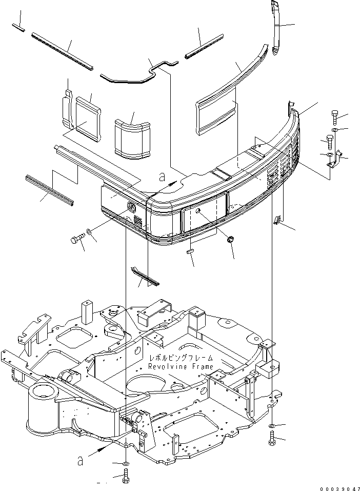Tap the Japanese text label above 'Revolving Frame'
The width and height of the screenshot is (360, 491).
(x=181, y=358)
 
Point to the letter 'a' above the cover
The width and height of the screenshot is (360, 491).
(x=163, y=178)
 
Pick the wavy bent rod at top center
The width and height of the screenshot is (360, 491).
(x=139, y=72)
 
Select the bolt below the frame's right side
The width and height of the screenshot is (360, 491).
(x=272, y=438)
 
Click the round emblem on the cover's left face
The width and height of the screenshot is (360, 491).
(x=131, y=208)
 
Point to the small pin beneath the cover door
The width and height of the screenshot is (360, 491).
(x=190, y=251)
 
